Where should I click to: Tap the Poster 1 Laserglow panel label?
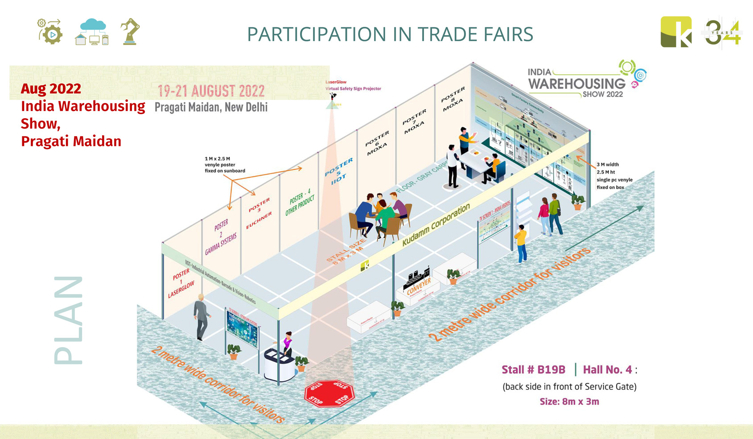tap(181, 283)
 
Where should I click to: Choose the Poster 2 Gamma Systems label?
tap(221, 236)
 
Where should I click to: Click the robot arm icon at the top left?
tap(130, 31)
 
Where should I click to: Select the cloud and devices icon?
tap(93, 32)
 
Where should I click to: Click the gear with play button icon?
tap(50, 32)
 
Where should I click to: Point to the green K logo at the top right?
tap(675, 32)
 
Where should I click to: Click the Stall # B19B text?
tap(533, 370)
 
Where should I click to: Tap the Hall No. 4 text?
tap(607, 370)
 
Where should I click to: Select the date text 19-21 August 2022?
tap(211, 91)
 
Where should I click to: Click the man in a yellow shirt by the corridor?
tap(521, 244)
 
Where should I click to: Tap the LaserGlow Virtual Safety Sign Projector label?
tap(353, 85)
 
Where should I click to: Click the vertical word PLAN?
tap(68, 320)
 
